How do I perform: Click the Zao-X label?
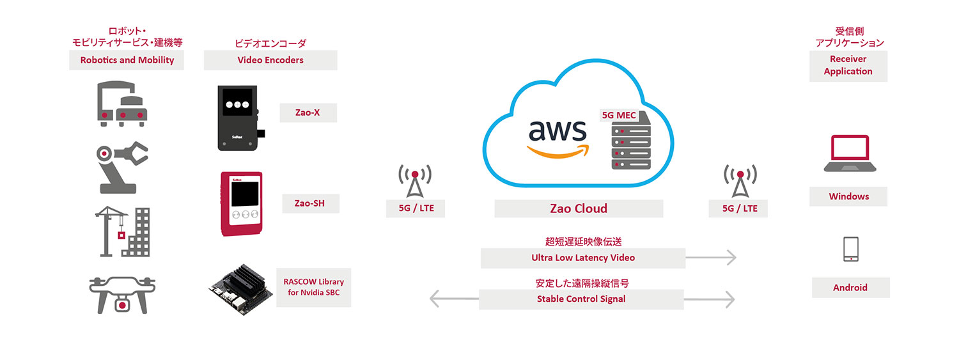point(308,113)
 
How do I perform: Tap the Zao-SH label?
point(311,203)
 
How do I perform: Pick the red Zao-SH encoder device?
point(241,203)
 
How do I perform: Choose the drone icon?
point(122,295)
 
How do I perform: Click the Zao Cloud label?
point(578,208)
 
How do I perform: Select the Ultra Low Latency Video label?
point(582,258)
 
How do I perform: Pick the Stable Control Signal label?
point(581,299)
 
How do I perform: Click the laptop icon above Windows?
point(848,154)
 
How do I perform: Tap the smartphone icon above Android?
point(850,249)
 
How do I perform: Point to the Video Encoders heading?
point(270,60)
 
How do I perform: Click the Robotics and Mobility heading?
point(127,60)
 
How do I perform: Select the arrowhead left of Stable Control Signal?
point(435,299)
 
